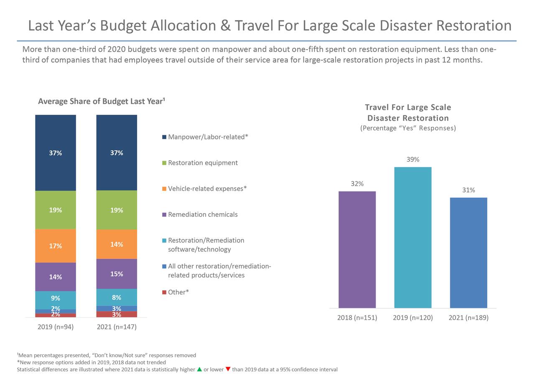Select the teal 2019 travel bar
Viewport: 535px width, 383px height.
click(x=413, y=237)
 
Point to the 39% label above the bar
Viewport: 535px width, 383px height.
click(x=413, y=159)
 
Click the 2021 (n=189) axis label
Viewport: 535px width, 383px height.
click(x=468, y=317)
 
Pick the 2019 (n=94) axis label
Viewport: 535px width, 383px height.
click(x=56, y=327)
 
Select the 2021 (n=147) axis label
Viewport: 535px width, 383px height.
click(x=117, y=327)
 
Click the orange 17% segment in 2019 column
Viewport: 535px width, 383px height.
click(x=56, y=246)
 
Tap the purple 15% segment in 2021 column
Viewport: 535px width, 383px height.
click(x=117, y=274)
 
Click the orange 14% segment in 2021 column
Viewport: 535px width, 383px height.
click(x=117, y=244)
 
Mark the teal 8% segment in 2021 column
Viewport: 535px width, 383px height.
click(x=117, y=297)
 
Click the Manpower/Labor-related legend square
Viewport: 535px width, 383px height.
click(x=164, y=137)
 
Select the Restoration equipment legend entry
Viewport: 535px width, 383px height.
click(x=202, y=163)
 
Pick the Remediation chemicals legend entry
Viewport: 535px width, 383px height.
click(x=202, y=214)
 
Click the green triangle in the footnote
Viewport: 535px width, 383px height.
click(x=199, y=369)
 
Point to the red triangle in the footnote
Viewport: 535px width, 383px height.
click(x=228, y=369)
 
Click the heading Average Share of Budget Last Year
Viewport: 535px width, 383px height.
click(x=101, y=101)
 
